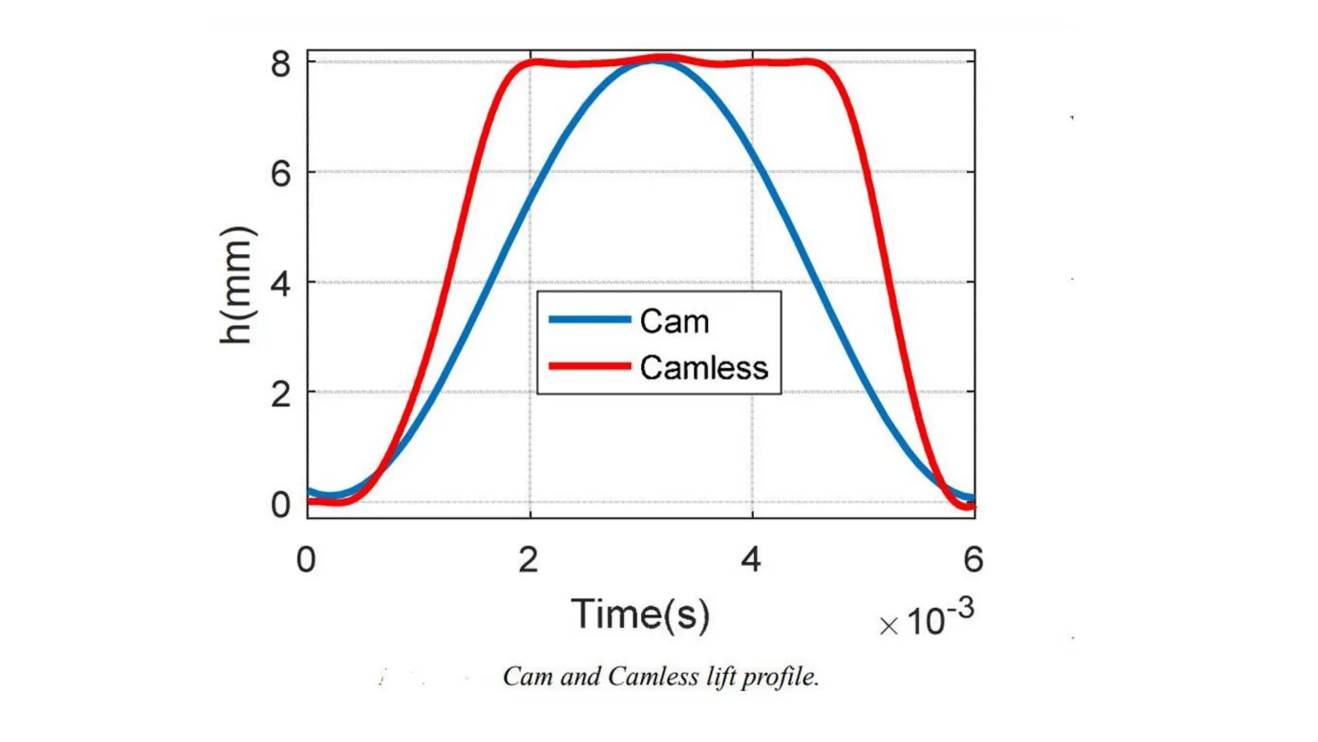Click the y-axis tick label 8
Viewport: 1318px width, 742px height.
(281, 65)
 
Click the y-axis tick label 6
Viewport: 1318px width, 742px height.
(281, 175)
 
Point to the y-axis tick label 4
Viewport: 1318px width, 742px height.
(281, 284)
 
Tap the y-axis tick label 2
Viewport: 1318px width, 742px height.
(281, 394)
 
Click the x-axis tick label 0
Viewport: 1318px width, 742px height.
(306, 559)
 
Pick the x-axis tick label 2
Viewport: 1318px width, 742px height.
(528, 559)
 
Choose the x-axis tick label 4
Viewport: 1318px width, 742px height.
(751, 559)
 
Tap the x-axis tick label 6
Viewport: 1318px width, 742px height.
(973, 559)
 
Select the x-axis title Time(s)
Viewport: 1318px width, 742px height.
(640, 614)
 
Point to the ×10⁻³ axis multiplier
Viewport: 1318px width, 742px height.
(927, 619)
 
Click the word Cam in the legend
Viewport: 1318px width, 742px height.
(674, 321)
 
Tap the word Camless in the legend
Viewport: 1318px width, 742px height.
(704, 368)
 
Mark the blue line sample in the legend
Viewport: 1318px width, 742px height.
(589, 319)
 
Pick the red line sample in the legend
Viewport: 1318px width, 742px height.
(589, 366)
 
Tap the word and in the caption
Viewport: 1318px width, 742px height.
(580, 677)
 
